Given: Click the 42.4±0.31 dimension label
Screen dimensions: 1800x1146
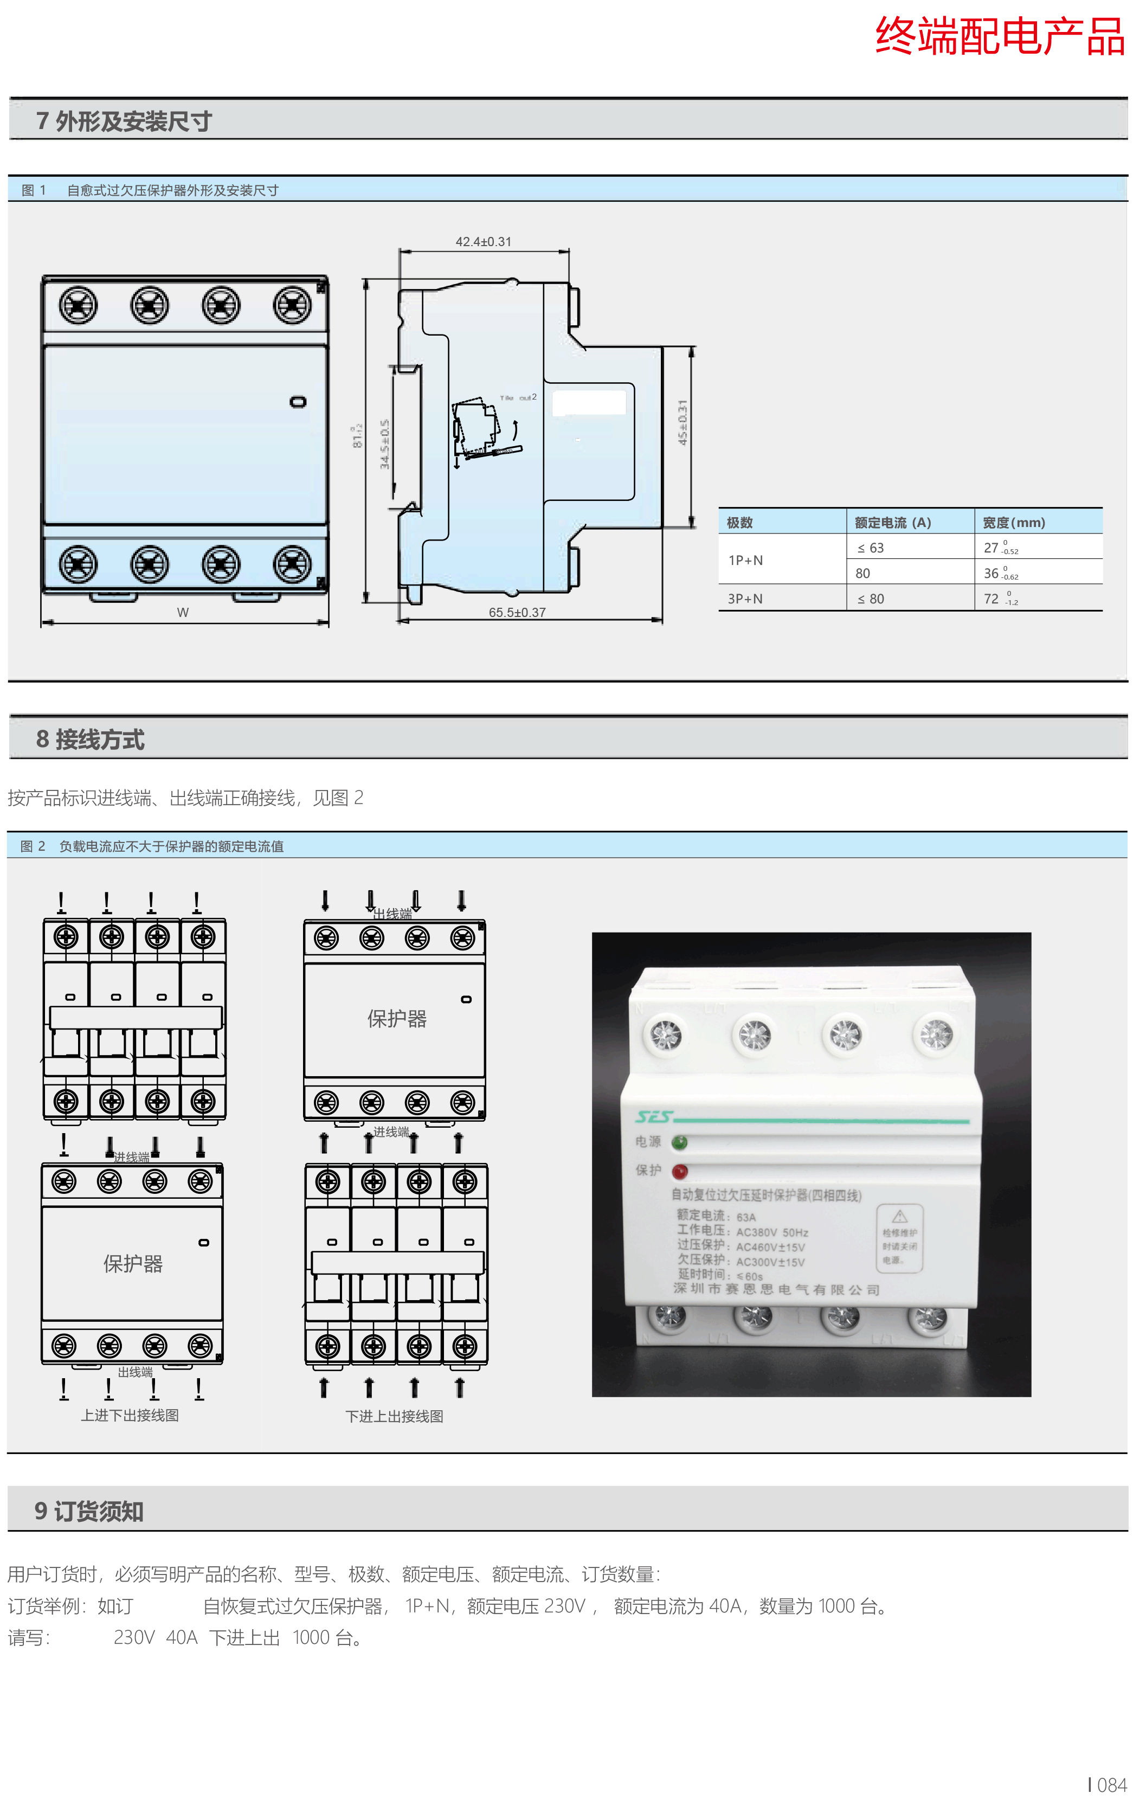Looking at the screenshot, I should pos(483,241).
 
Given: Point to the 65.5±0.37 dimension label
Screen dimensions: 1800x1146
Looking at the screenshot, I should pos(517,612).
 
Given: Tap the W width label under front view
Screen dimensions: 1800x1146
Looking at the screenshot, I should pos(182,612).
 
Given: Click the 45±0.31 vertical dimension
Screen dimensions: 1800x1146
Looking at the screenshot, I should pos(682,422).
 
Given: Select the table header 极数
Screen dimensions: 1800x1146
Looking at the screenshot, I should pos(739,523).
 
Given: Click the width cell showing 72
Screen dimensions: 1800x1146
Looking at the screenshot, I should pos(992,599).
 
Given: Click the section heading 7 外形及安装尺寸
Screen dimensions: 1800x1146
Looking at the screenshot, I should pos(124,121).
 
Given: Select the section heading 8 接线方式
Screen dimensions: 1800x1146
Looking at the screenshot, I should pos(91,740).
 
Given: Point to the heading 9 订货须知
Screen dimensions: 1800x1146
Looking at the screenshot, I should pos(89,1510).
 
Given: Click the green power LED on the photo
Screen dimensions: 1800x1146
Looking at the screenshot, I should pos(680,1142).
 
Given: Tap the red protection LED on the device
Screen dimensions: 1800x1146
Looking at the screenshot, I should pos(680,1171).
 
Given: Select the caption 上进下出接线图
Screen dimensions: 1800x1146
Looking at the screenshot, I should pos(130,1416).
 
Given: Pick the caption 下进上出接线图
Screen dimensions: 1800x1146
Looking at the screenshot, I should pos(394,1417).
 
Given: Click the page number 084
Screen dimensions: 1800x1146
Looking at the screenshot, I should pos(1111,1785).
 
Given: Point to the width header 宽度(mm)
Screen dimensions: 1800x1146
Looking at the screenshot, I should pos(1013,523).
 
